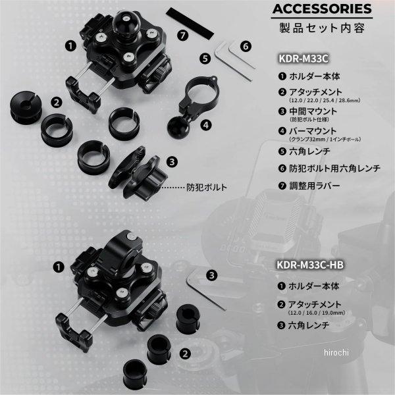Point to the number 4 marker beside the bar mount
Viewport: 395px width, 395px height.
tap(206, 124)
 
